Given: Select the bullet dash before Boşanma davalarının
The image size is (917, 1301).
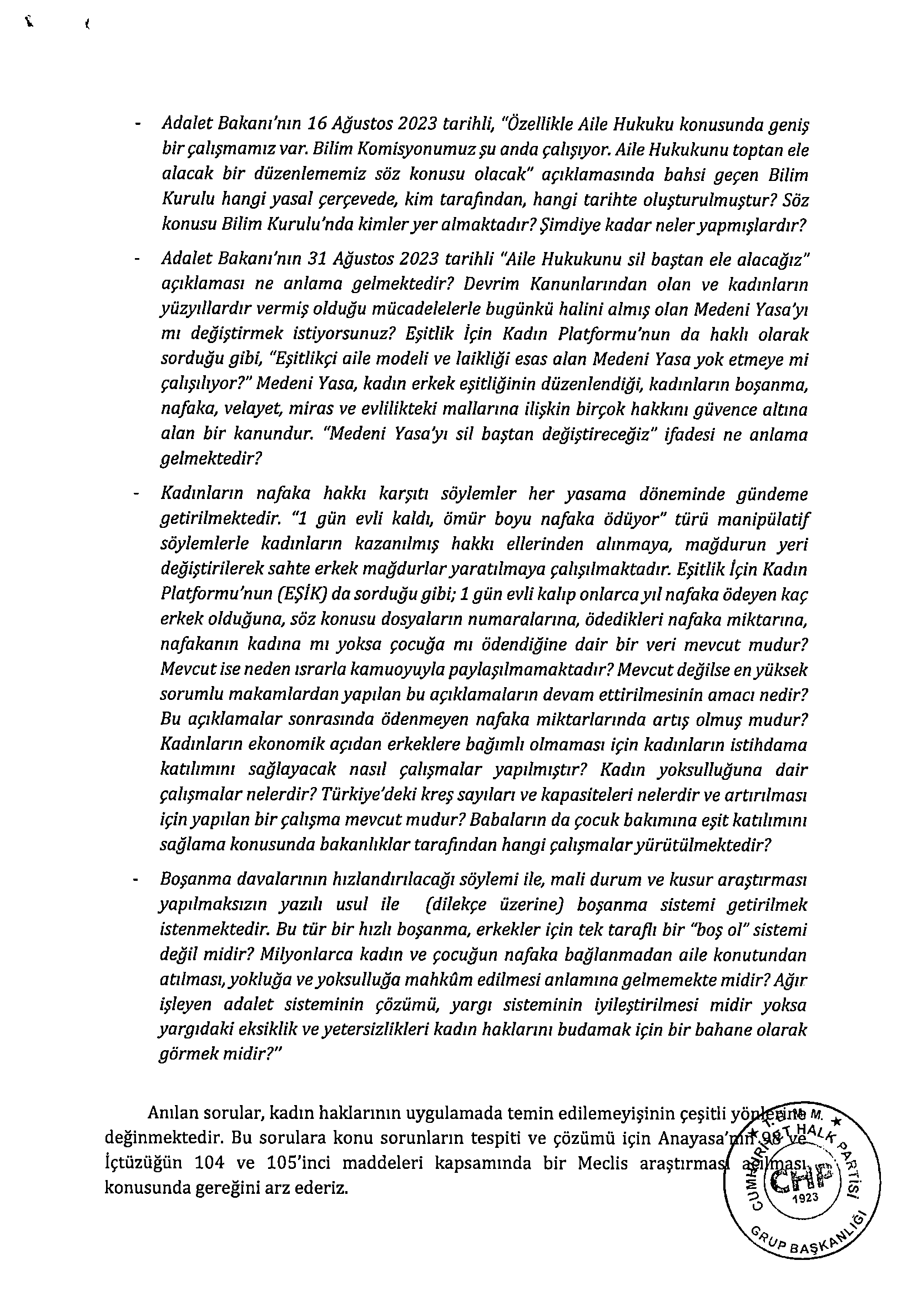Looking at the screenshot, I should (135, 880).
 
